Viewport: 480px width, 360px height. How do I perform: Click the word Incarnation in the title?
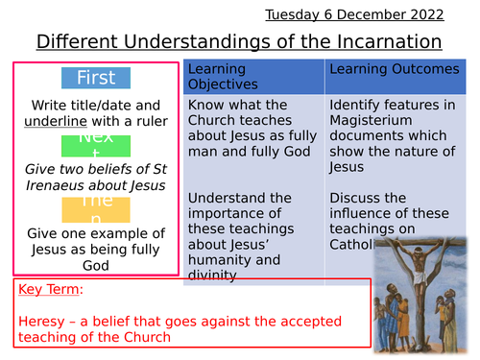coord(384,41)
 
